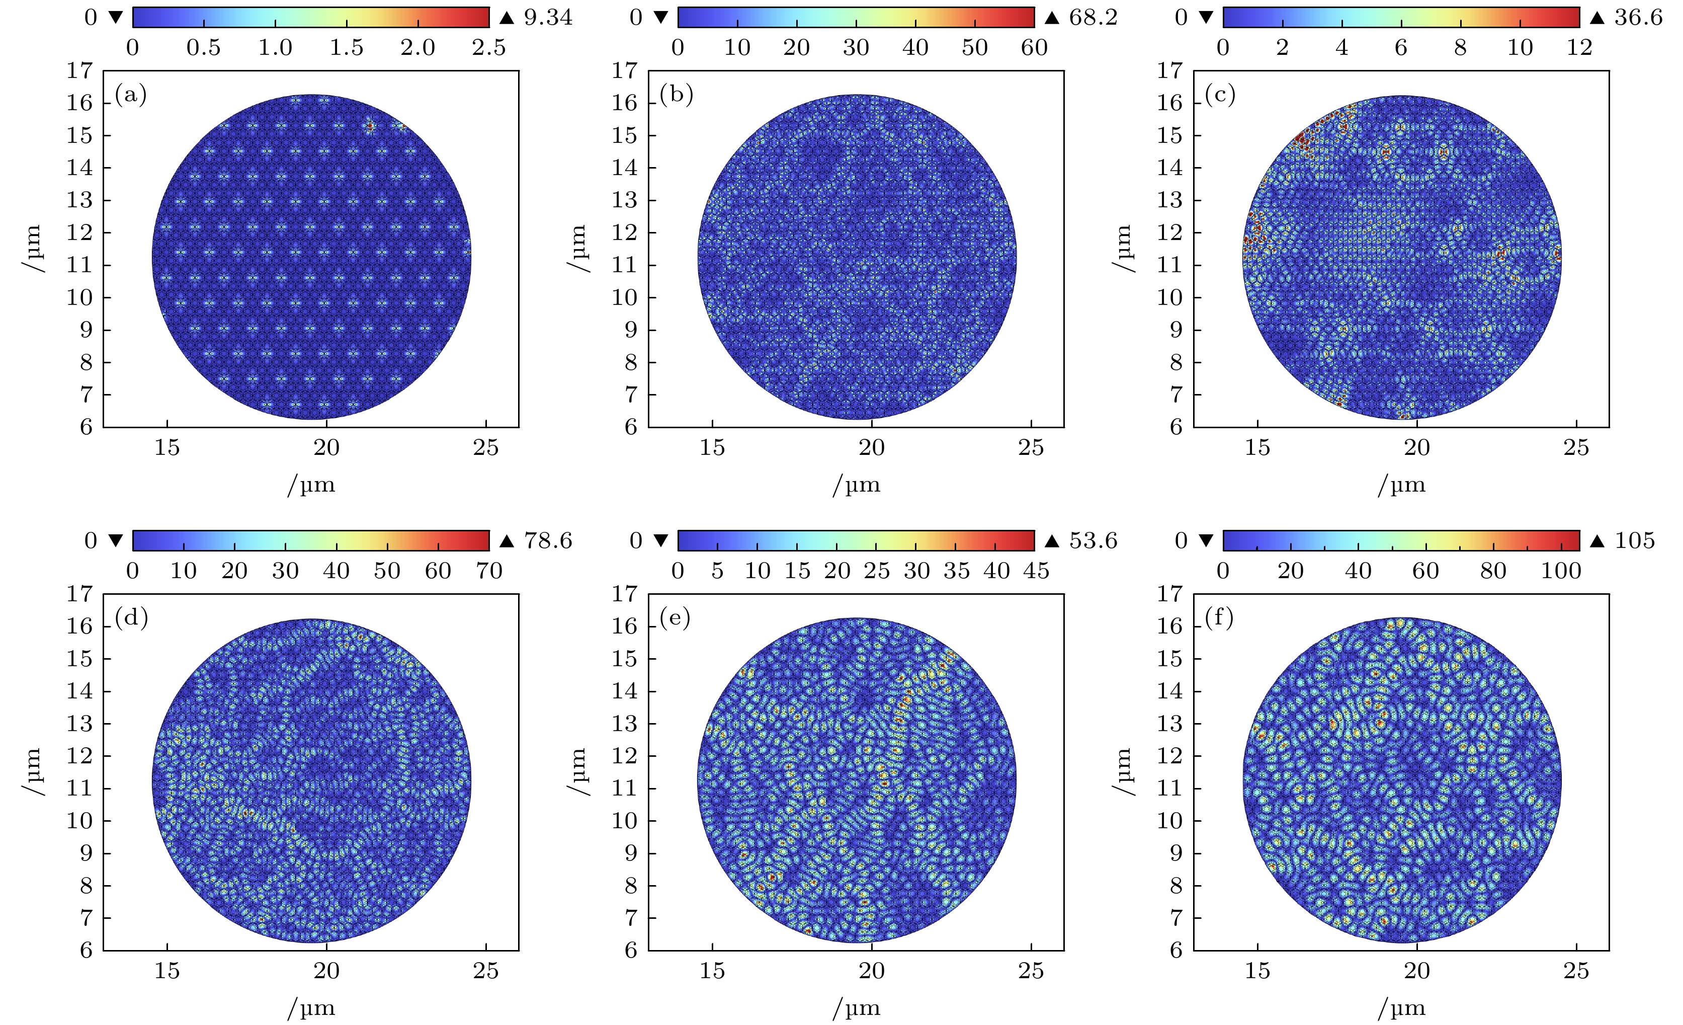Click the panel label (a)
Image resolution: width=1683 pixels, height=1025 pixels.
coord(130,94)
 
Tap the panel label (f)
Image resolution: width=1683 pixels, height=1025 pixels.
coord(1219,618)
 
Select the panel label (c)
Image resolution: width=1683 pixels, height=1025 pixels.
coord(1220,94)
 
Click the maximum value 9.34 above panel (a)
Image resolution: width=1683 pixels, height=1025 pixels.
coord(548,17)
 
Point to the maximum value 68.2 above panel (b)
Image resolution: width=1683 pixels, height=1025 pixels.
coord(1093,17)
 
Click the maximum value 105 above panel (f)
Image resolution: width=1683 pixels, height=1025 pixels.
coord(1635,540)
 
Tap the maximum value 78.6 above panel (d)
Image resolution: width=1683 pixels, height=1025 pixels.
coord(548,540)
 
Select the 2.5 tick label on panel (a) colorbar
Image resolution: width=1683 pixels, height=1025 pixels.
coord(488,47)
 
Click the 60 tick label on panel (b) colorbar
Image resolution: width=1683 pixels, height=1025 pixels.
coord(1034,47)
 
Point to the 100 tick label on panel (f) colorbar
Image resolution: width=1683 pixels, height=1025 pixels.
coord(1561,571)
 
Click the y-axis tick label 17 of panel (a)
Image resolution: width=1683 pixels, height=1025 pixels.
coord(79,70)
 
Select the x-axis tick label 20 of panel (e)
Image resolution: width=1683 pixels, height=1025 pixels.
coord(872,971)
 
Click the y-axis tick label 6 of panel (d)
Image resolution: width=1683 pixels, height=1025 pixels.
coord(86,951)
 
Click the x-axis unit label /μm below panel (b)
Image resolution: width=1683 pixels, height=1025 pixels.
coord(857,485)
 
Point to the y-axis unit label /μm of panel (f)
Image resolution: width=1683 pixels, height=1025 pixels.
coord(1122,772)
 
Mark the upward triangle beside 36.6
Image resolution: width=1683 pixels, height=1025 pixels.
coord(1597,18)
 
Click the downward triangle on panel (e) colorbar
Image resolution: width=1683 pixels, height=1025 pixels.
coord(660,540)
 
